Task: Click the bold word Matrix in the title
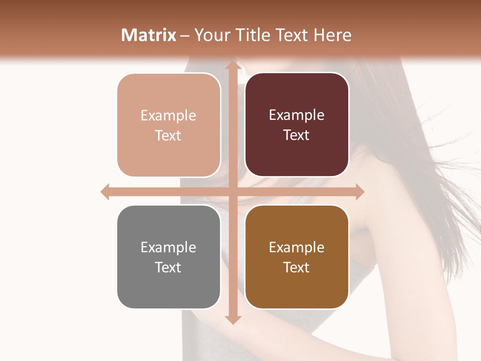point(149,35)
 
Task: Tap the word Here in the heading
point(332,35)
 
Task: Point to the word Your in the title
point(211,35)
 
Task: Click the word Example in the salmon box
point(168,116)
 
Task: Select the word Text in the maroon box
point(297,135)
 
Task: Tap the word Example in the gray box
point(168,248)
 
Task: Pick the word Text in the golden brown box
point(297,267)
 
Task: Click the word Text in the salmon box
point(168,135)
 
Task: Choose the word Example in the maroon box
point(297,115)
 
